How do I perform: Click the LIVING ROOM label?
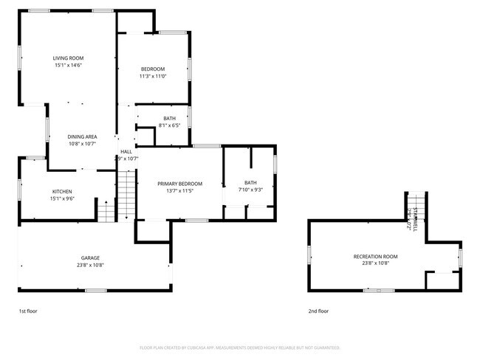coord(67,58)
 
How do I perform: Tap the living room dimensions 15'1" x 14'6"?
coord(67,65)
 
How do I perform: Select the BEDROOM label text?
coord(153,69)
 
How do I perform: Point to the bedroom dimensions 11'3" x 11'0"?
coord(153,76)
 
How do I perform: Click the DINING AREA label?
coord(82,136)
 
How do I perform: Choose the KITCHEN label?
coord(61,191)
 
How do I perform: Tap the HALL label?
coord(126,152)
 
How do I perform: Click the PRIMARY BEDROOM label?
coord(179,184)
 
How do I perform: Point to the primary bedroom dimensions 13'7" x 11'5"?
coord(179,191)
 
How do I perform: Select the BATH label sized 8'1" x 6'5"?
coord(170,118)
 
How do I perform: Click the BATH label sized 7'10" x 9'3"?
coord(250,183)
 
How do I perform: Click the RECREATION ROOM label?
coord(375,256)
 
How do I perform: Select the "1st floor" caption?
coord(27,311)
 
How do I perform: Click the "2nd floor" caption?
coord(318,311)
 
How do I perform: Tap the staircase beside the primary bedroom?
coord(127,193)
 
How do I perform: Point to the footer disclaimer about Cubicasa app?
coord(240,347)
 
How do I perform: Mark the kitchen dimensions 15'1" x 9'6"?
coord(61,198)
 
